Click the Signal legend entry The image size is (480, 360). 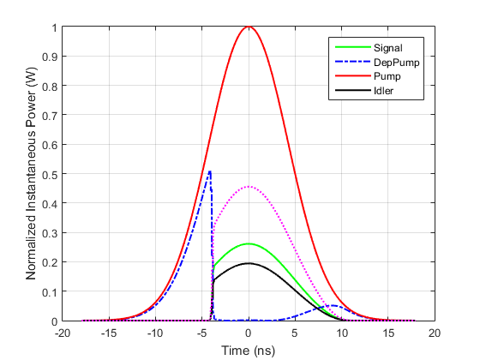tap(386, 48)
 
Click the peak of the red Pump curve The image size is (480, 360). tap(249, 27)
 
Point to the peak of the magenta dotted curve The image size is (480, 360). tap(249, 187)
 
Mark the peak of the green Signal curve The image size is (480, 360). tap(249, 243)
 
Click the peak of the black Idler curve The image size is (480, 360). tap(249, 263)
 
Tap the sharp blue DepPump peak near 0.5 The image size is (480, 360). tap(209, 172)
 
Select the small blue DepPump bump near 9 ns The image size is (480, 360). tap(332, 305)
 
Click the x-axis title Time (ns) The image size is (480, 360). tap(249, 350)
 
